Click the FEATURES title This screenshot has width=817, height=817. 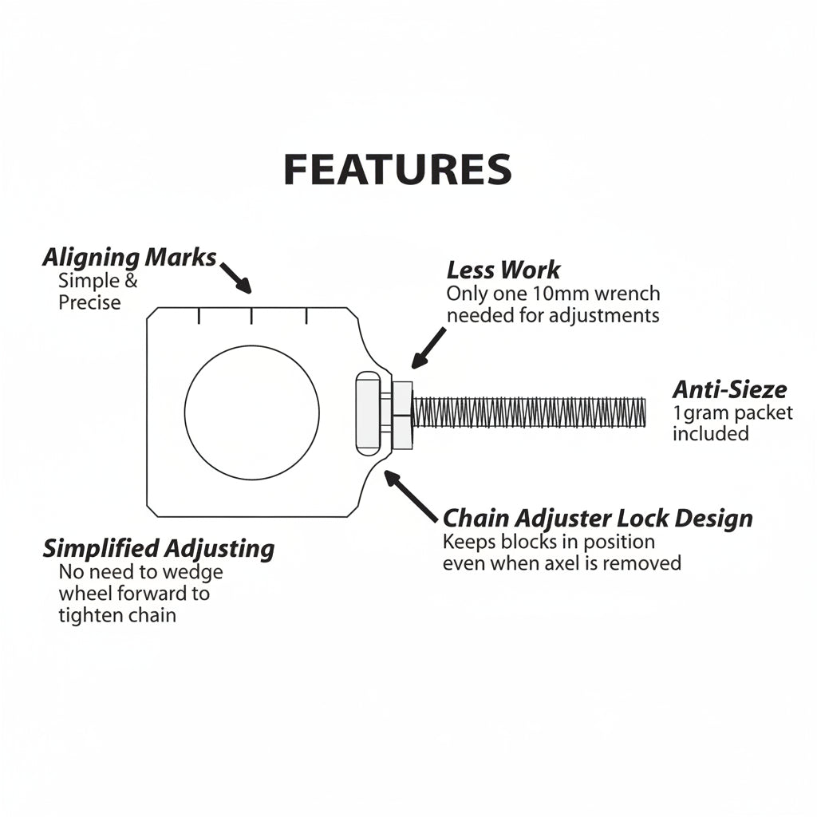click(x=397, y=170)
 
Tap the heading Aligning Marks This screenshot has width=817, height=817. click(x=129, y=258)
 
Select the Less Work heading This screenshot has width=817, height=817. click(x=503, y=270)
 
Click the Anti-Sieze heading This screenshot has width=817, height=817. click(x=729, y=389)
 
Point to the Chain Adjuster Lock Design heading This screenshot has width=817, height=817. click(x=598, y=518)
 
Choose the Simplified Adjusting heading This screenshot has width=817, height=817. click(x=158, y=549)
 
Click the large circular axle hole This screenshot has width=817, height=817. click(x=251, y=412)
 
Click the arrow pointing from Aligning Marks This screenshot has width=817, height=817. click(x=235, y=277)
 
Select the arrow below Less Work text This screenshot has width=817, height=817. click(x=429, y=348)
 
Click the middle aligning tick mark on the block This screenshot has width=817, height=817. click(x=251, y=316)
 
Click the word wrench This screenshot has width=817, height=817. click(x=626, y=294)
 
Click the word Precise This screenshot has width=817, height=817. click(x=89, y=302)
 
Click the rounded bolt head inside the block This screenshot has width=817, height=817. click(x=368, y=412)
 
